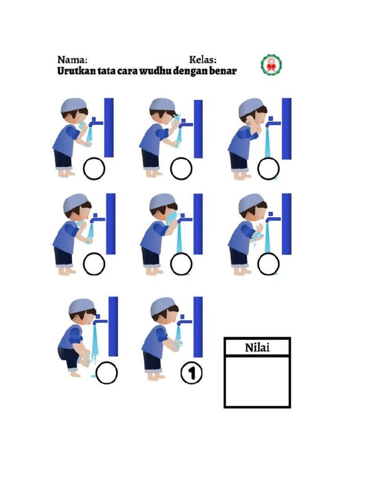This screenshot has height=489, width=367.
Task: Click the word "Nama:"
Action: [73, 60]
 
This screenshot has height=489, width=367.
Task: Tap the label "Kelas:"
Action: [203, 60]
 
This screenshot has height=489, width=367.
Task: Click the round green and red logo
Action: [271, 65]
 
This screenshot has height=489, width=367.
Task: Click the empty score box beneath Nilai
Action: [258, 381]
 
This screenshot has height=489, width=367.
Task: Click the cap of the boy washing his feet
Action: [81, 306]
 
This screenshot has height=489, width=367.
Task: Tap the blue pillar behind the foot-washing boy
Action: [113, 326]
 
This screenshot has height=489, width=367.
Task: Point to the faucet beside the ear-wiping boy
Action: [273, 122]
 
